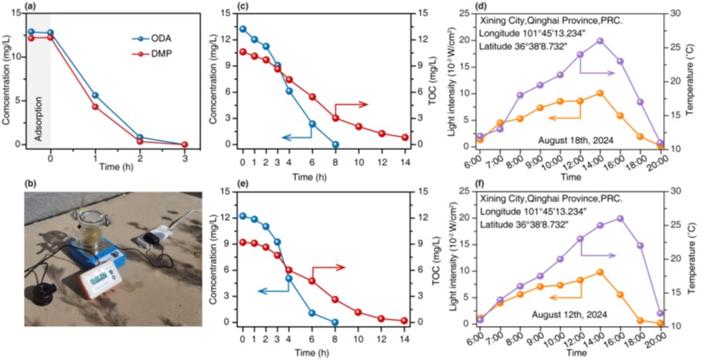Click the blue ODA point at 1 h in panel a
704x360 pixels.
point(95,95)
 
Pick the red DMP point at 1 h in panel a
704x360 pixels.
point(95,107)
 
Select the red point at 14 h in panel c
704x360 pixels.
point(405,138)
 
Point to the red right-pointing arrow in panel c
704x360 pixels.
point(352,105)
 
